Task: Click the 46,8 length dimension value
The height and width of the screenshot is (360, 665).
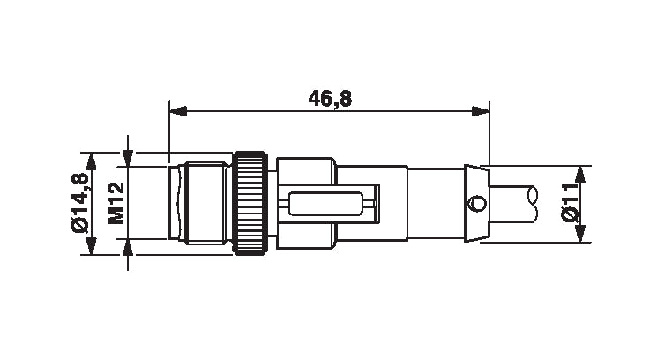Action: (330, 99)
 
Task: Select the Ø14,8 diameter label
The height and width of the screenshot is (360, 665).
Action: (81, 203)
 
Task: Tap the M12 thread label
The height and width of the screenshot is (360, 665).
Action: (115, 203)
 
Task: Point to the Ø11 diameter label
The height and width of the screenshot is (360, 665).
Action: (572, 204)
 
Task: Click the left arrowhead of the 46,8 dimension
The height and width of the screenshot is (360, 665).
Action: (176, 112)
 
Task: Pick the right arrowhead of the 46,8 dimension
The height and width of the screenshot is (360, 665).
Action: (481, 112)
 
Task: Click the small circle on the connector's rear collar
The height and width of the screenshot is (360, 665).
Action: (476, 204)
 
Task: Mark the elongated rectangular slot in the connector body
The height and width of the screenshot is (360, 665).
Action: (325, 205)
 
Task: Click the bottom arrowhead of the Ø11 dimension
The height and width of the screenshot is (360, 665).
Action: (579, 234)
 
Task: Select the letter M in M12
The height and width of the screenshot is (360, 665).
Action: (115, 217)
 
